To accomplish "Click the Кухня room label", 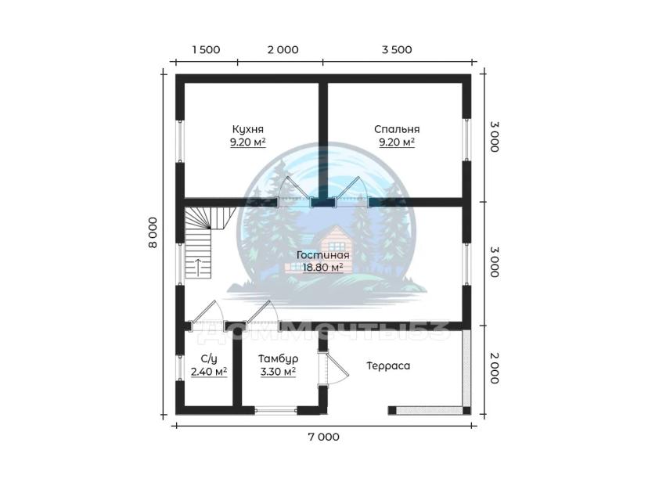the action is pyautogui.click(x=247, y=129).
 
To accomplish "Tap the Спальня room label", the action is pyautogui.click(x=397, y=129).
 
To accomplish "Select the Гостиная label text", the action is pyautogui.click(x=322, y=255).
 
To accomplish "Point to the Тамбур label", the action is pyautogui.click(x=278, y=358).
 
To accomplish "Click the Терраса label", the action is pyautogui.click(x=388, y=365).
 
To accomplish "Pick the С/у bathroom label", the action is pyautogui.click(x=209, y=358).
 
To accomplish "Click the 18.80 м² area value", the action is pyautogui.click(x=322, y=268).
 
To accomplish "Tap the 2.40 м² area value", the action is pyautogui.click(x=209, y=372).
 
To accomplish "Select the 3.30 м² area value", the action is pyautogui.click(x=278, y=372).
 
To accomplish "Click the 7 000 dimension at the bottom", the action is pyautogui.click(x=323, y=437).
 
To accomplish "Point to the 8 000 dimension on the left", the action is pyautogui.click(x=153, y=232).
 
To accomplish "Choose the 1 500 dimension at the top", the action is pyautogui.click(x=206, y=49).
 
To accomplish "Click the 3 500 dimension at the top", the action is pyautogui.click(x=397, y=49).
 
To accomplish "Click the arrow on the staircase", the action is pyautogui.click(x=198, y=268).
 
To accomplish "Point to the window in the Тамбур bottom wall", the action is pyautogui.click(x=275, y=410).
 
